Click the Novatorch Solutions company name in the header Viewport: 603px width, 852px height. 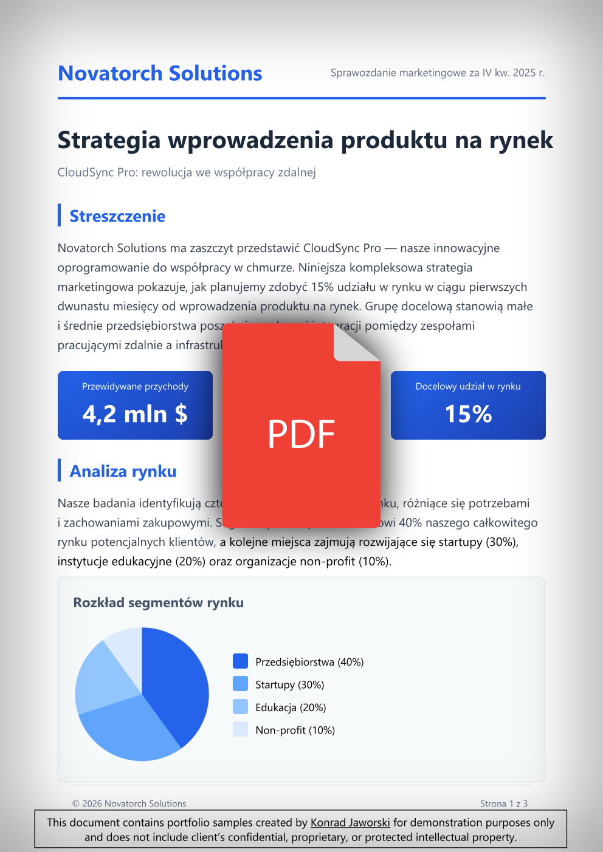160,73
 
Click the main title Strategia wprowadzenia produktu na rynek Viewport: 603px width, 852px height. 305,140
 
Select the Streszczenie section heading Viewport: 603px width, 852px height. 117,216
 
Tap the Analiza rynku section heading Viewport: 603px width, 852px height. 123,471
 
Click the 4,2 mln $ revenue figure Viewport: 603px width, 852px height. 135,414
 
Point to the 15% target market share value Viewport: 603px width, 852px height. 468,414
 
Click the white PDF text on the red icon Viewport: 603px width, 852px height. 301,434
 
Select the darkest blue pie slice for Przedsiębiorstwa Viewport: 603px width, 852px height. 176,680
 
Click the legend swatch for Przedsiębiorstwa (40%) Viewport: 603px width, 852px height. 240,661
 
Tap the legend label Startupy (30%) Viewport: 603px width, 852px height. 289,684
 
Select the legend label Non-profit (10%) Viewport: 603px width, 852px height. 295,730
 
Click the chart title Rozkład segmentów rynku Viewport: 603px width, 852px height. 158,602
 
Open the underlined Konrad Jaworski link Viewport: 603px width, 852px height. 350,822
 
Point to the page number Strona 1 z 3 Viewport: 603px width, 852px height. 503,803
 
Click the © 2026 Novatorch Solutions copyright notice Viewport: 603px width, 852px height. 129,803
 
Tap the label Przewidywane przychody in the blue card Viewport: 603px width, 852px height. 135,386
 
